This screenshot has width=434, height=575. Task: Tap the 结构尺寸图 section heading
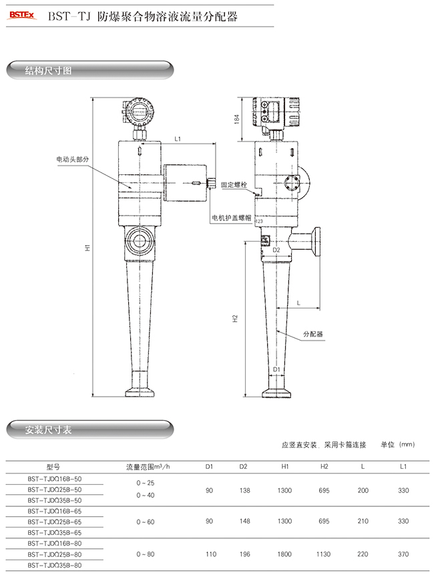tap(48, 70)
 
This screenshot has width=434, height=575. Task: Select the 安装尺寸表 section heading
tap(48, 429)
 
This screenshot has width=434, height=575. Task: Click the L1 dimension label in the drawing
tap(178, 140)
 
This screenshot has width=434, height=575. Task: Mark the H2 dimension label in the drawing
tap(236, 319)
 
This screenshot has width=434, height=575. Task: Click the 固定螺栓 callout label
tap(234, 184)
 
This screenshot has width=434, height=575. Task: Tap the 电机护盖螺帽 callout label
tap(231, 218)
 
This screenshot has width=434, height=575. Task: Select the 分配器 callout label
tap(312, 333)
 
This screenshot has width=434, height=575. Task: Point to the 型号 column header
tap(54, 467)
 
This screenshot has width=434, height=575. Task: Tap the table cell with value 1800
tap(284, 554)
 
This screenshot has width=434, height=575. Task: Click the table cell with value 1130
tap(324, 554)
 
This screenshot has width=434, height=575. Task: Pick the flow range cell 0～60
tap(146, 521)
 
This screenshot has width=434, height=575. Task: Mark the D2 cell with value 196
tap(244, 554)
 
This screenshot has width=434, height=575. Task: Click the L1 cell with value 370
tap(403, 554)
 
